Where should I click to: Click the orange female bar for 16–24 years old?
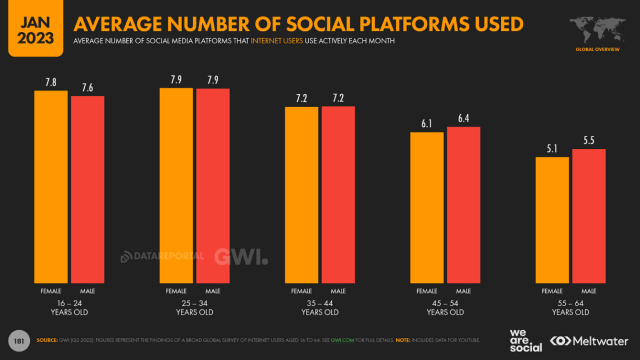[51, 186]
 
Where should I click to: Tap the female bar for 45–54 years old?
[427, 207]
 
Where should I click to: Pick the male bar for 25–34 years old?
[213, 185]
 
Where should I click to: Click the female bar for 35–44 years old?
[301, 194]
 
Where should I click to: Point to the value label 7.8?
[51, 83]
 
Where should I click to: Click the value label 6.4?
[464, 119]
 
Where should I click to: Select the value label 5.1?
[552, 149]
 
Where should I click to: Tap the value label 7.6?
[88, 88]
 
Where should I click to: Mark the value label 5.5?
[589, 140]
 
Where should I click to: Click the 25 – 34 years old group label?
[194, 308]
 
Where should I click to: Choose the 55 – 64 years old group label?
[570, 308]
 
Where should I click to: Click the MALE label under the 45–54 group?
[464, 291]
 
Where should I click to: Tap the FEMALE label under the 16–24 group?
[51, 291]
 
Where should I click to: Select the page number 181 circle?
[18, 340]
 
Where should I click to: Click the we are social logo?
[525, 340]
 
